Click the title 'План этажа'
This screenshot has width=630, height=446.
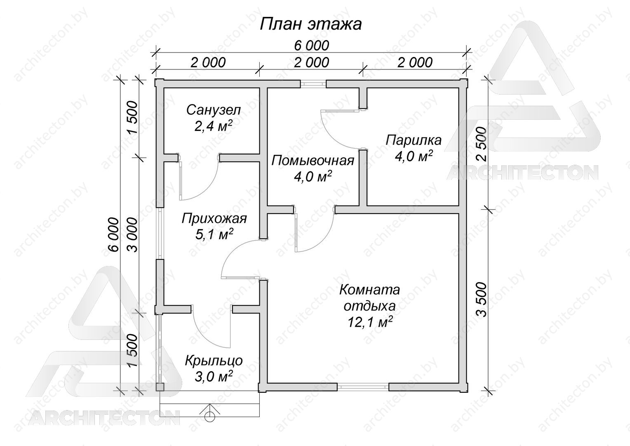coord(310,25)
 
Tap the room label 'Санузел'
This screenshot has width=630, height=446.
coord(214,110)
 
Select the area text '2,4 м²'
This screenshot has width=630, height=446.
coord(214,126)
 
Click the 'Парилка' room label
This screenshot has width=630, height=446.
coord(414,140)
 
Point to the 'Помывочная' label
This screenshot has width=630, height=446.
coord(313,161)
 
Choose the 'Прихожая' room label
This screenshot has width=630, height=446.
coord(214,218)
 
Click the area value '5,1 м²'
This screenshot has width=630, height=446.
coord(214,234)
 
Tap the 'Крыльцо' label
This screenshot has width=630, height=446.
coord(214,361)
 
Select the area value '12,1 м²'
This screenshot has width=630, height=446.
coord(370,322)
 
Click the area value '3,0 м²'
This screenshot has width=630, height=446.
coord(214,376)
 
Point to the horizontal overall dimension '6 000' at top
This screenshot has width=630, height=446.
coord(312,46)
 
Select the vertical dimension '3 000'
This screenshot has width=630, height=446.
coord(132,235)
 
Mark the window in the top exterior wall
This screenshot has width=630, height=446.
coord(313,84)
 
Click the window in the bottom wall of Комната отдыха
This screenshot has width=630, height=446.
coord(363,387)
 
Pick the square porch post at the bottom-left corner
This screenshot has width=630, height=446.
coord(160,387)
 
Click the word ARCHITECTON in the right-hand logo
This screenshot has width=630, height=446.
coord(522,173)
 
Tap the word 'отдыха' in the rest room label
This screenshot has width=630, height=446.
coord(369,306)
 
